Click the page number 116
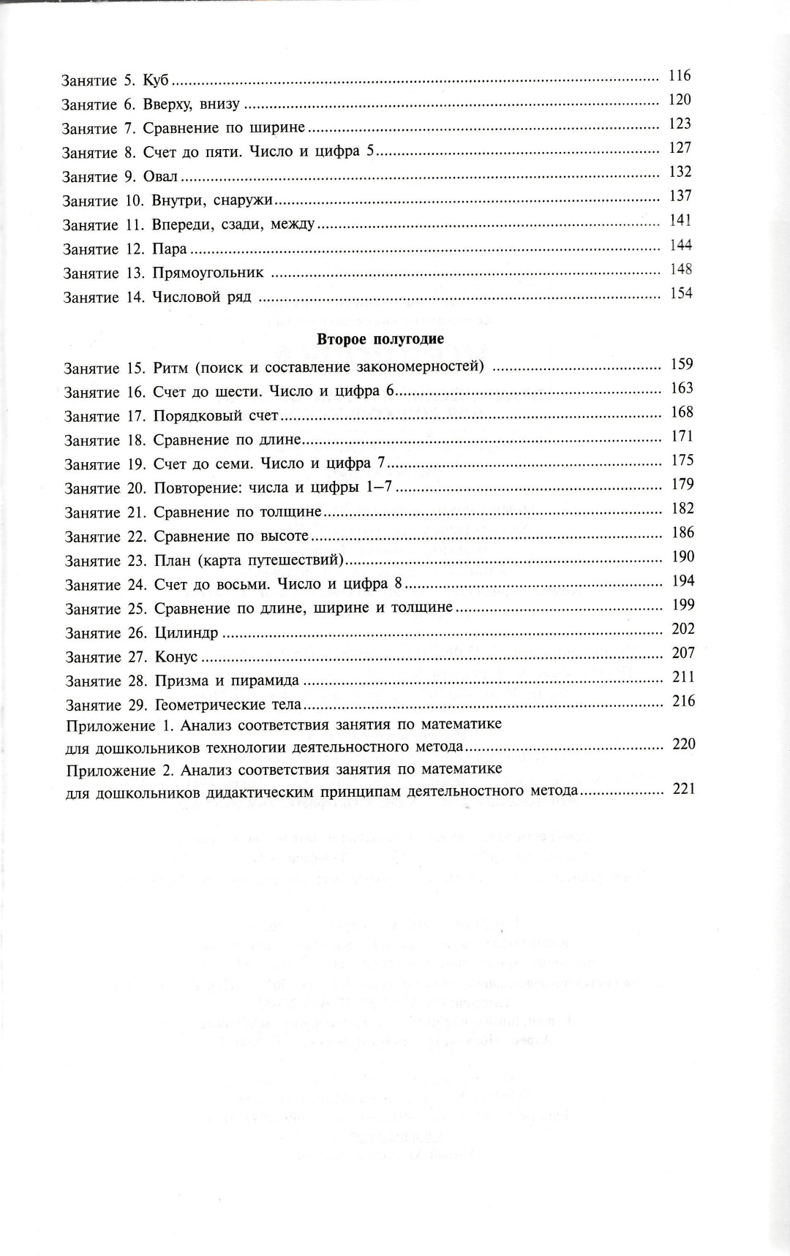[680, 76]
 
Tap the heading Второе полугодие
[380, 339]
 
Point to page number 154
[680, 293]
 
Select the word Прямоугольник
[208, 273]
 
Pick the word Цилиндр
[187, 632]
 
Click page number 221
[681, 789]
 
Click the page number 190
[682, 557]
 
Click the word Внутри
[177, 201]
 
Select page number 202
[682, 629]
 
